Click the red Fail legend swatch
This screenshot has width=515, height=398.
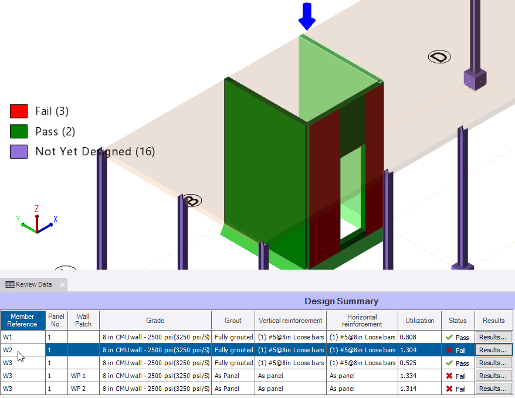tap(19, 111)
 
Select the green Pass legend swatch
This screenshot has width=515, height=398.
tap(19, 131)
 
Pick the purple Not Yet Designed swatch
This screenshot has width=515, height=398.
tap(19, 152)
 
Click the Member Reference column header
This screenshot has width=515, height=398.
tap(22, 321)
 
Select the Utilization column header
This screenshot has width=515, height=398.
tap(419, 321)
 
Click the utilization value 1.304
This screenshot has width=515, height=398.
tap(409, 350)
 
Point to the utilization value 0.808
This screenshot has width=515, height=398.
tap(409, 337)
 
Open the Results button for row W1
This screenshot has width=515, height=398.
tap(493, 337)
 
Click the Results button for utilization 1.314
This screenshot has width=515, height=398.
tap(493, 389)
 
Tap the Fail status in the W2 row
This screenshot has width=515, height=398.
tap(457, 350)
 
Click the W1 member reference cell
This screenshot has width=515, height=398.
tap(22, 337)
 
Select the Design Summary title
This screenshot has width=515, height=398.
tap(341, 301)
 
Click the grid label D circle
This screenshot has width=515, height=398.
tap(439, 57)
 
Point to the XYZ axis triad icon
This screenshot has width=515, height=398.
tap(36, 222)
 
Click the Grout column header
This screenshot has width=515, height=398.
tap(233, 321)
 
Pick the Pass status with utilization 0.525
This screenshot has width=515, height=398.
tap(457, 363)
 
